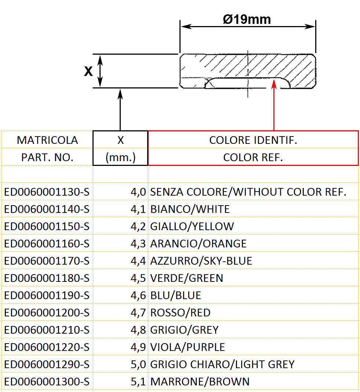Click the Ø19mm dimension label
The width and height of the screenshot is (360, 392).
pyautogui.click(x=247, y=19)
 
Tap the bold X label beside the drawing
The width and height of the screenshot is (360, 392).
pyautogui.click(x=88, y=72)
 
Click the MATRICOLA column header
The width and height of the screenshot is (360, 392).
pyautogui.click(x=47, y=140)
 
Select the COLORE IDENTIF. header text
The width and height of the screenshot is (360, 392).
pyautogui.click(x=253, y=140)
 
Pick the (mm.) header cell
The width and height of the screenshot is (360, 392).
pyautogui.click(x=120, y=157)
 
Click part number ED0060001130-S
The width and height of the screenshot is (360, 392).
pyautogui.click(x=47, y=192)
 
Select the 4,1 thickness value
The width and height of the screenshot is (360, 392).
pyautogui.click(x=139, y=209)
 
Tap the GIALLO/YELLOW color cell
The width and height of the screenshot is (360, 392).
pyautogui.click(x=192, y=226)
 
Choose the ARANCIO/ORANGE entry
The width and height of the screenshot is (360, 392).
pyautogui.click(x=199, y=243)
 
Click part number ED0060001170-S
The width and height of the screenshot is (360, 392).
pyautogui.click(x=47, y=261)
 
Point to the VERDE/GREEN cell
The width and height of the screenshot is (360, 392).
pyautogui.click(x=187, y=278)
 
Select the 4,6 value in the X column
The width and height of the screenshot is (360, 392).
pyautogui.click(x=139, y=295)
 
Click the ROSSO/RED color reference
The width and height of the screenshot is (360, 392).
pyautogui.click(x=180, y=313)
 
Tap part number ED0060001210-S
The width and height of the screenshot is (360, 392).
pyautogui.click(x=47, y=330)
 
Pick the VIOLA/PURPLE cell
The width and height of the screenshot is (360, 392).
pyautogui.click(x=188, y=347)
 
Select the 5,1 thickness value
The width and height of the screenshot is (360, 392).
pyautogui.click(x=139, y=382)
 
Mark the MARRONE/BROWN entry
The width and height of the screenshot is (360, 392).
pyautogui.click(x=200, y=382)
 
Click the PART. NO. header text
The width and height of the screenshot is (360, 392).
pyautogui.click(x=47, y=157)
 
